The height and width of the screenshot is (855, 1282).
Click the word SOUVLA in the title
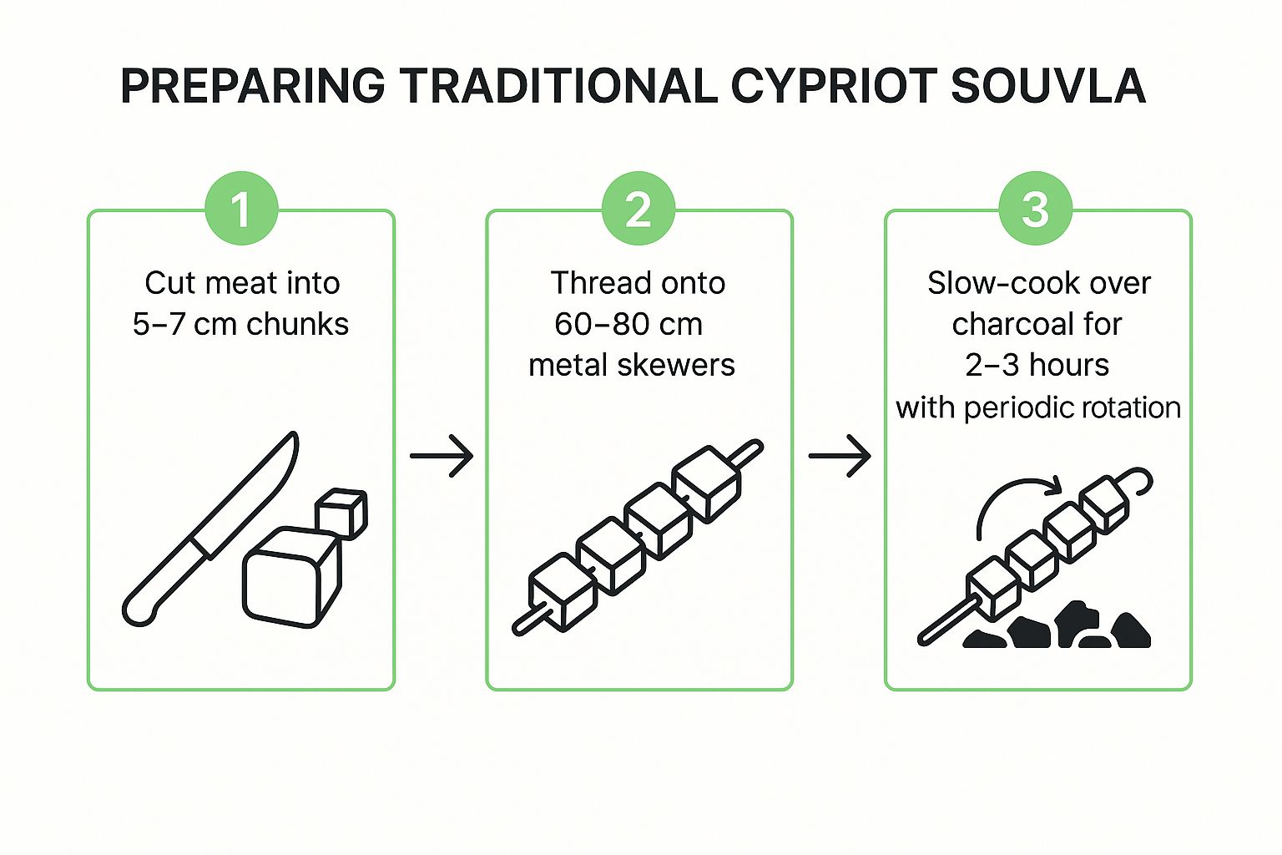point(1047,86)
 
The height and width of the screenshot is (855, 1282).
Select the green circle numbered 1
point(241,209)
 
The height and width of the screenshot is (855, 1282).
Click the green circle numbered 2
point(638,209)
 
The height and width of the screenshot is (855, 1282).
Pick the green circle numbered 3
point(1036,209)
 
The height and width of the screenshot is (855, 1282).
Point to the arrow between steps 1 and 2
point(442,456)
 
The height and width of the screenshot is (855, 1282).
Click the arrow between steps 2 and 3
point(840,456)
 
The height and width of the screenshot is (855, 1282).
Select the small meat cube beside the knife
point(341,511)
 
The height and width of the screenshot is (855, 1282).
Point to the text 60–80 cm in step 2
point(628,324)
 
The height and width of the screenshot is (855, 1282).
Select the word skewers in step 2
point(682,365)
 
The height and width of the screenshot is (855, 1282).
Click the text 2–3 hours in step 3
point(1037,365)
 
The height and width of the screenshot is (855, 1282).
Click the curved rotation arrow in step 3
point(1014,501)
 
